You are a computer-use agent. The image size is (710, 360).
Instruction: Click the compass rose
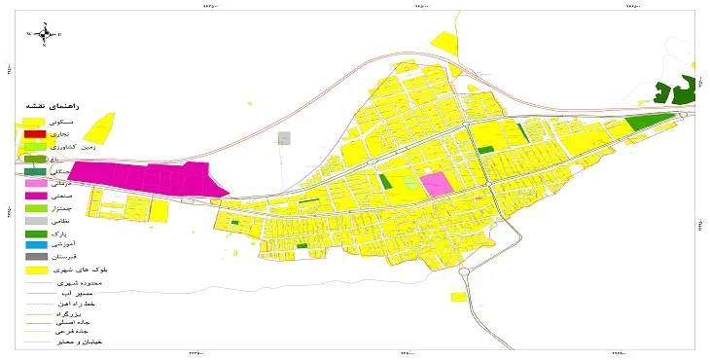[x=44, y=35]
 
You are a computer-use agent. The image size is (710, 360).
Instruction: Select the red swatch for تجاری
[x=35, y=133]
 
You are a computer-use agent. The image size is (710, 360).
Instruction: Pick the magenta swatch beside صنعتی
[x=35, y=196]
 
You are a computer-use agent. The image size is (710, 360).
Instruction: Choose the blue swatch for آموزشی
[x=35, y=245]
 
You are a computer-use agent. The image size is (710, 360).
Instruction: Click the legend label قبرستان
[x=86, y=257]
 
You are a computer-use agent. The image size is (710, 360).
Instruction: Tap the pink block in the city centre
[x=436, y=184]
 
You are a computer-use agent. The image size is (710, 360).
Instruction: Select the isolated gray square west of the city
[x=284, y=138]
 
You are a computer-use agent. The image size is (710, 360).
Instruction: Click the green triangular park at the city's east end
[x=645, y=123]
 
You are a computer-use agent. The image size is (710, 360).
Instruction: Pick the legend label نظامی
[x=88, y=220]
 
